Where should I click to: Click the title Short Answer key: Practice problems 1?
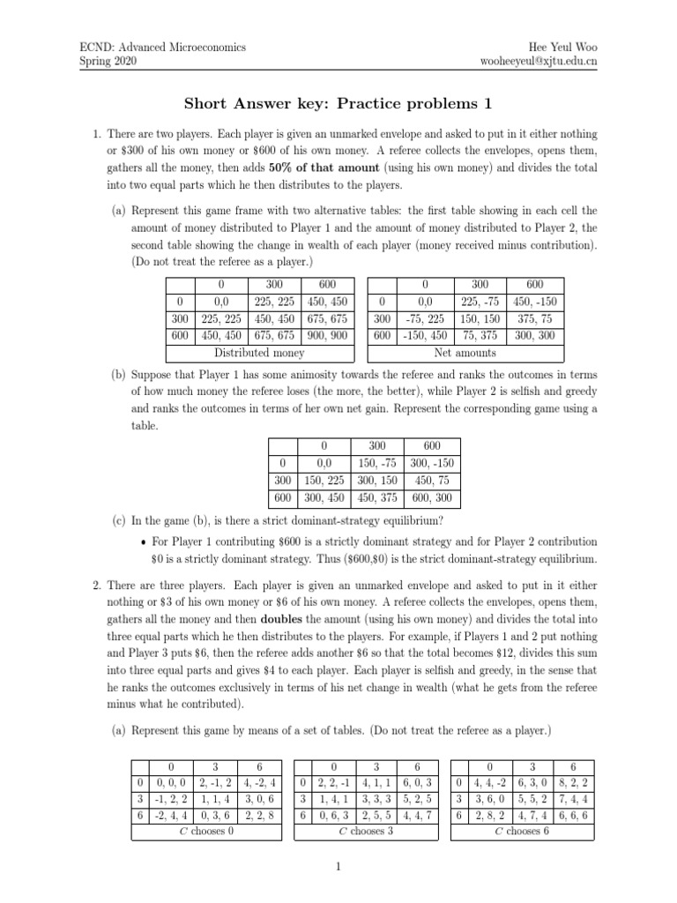(338, 104)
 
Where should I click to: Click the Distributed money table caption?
(260, 353)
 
